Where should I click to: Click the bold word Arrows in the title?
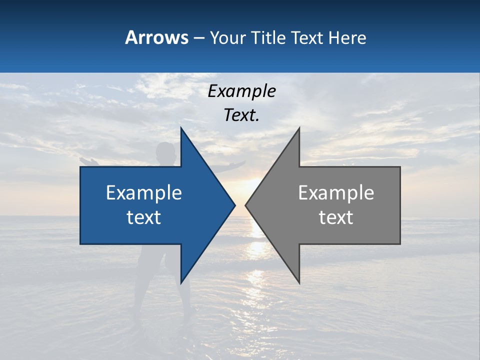tap(156, 37)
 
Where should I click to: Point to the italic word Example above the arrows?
tap(241, 91)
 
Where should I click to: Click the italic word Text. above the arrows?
tap(241, 115)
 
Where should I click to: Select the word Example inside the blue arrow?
tap(144, 193)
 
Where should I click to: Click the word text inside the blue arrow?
tap(144, 217)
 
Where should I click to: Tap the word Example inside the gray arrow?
tap(336, 193)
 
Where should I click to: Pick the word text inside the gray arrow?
tap(336, 217)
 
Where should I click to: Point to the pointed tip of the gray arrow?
tap(246, 205)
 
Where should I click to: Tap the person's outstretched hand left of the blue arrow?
tap(86, 161)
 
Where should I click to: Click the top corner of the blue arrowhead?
tap(181, 128)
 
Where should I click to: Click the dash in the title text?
tap(198, 38)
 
